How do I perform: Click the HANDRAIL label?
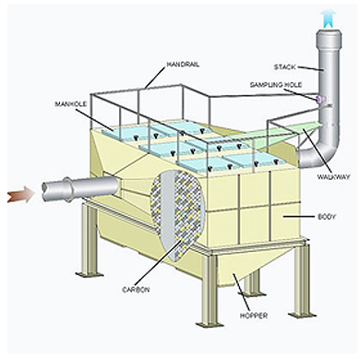[x=183, y=65]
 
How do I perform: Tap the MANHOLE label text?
[x=71, y=104]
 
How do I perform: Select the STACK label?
[x=284, y=66]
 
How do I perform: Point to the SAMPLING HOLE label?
[x=276, y=85]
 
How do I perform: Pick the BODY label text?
[x=327, y=217]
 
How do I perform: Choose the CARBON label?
[x=136, y=290]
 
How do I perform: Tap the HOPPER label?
[x=254, y=316]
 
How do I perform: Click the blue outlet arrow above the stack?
[x=329, y=18]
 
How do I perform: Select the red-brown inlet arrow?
[x=20, y=196]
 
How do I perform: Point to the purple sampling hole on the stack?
[x=319, y=99]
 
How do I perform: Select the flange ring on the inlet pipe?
[x=67, y=189]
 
